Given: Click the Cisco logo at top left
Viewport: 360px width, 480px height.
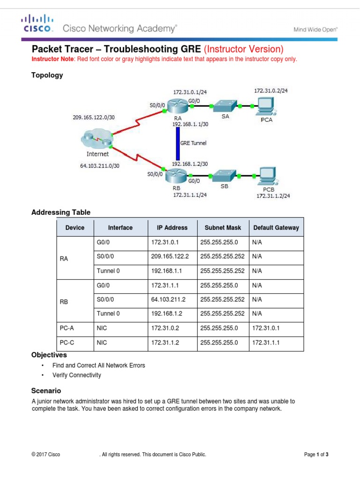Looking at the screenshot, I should (x=36, y=23).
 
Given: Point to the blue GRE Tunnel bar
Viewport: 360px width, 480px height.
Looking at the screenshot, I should (x=178, y=143).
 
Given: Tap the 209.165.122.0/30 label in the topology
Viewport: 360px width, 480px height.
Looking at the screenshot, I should (x=93, y=117).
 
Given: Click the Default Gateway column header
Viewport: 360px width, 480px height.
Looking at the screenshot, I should (x=276, y=228).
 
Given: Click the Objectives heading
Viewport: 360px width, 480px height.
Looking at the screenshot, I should (x=49, y=355).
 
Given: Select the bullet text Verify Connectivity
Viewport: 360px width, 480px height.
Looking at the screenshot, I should (x=76, y=375).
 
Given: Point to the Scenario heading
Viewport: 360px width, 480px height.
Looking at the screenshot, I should (x=46, y=390).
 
